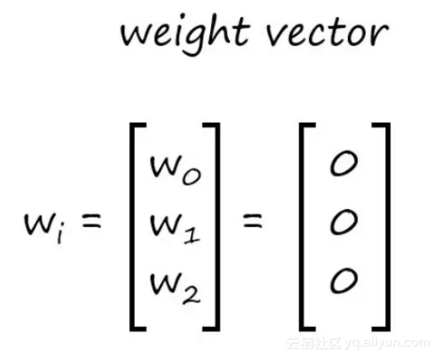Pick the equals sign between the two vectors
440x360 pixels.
pos(252,224)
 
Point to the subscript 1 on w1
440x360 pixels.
pos(190,232)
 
